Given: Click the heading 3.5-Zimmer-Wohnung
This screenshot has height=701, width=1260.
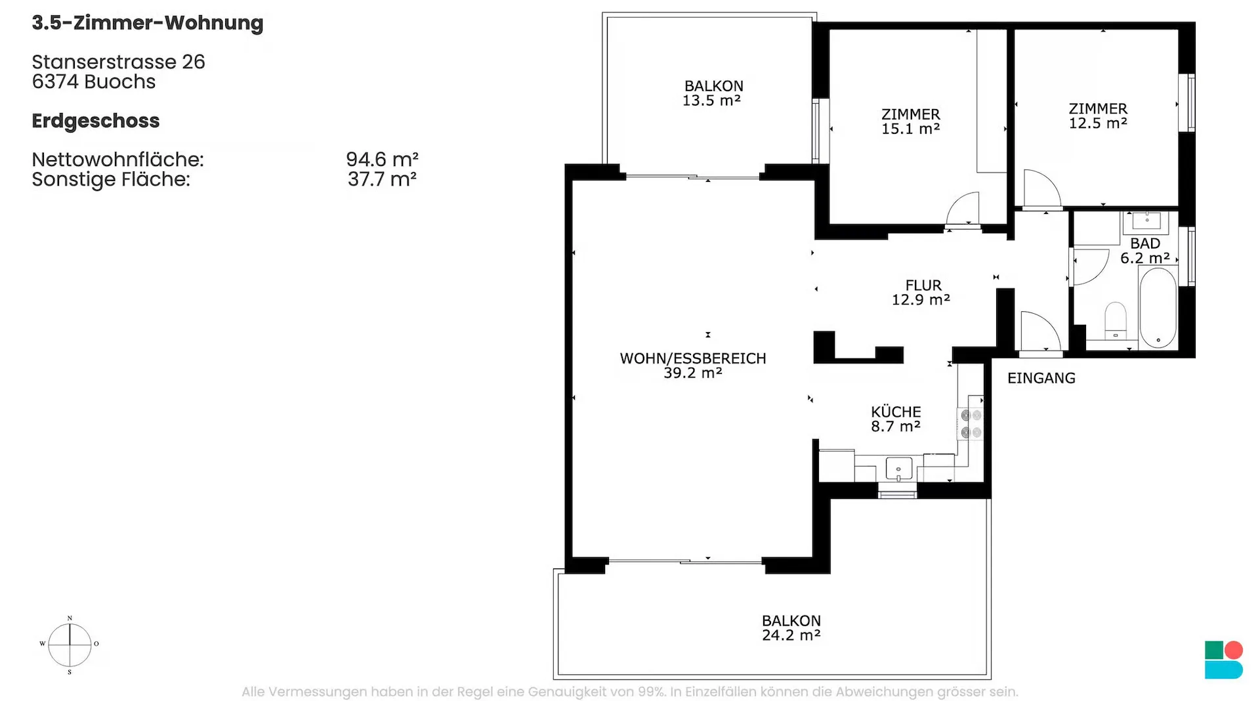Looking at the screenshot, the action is point(148,23).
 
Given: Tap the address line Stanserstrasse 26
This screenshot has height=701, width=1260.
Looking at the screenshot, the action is point(119,62).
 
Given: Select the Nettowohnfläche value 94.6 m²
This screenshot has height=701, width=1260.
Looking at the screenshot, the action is point(383,159).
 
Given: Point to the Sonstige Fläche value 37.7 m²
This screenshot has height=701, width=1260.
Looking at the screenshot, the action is point(383,179).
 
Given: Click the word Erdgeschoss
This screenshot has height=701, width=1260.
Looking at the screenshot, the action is point(96,121).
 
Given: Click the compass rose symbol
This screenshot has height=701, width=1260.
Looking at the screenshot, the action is point(70,645).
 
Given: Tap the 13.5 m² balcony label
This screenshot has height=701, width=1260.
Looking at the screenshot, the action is point(713,93).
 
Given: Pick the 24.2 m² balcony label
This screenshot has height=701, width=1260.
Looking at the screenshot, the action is point(791,628).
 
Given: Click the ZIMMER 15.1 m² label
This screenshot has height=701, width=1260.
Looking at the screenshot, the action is point(911,121).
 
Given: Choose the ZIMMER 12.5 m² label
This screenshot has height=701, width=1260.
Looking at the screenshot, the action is point(1098,116).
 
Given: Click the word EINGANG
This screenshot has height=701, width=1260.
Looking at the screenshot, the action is point(1041,378).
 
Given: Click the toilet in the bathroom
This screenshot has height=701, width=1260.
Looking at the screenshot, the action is point(1116,320).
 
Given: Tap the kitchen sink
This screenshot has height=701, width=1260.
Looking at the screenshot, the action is point(898,469).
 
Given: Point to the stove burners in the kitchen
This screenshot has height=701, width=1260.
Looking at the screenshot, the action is point(971,424).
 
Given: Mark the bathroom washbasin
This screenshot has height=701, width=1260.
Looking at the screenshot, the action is point(1146,222).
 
